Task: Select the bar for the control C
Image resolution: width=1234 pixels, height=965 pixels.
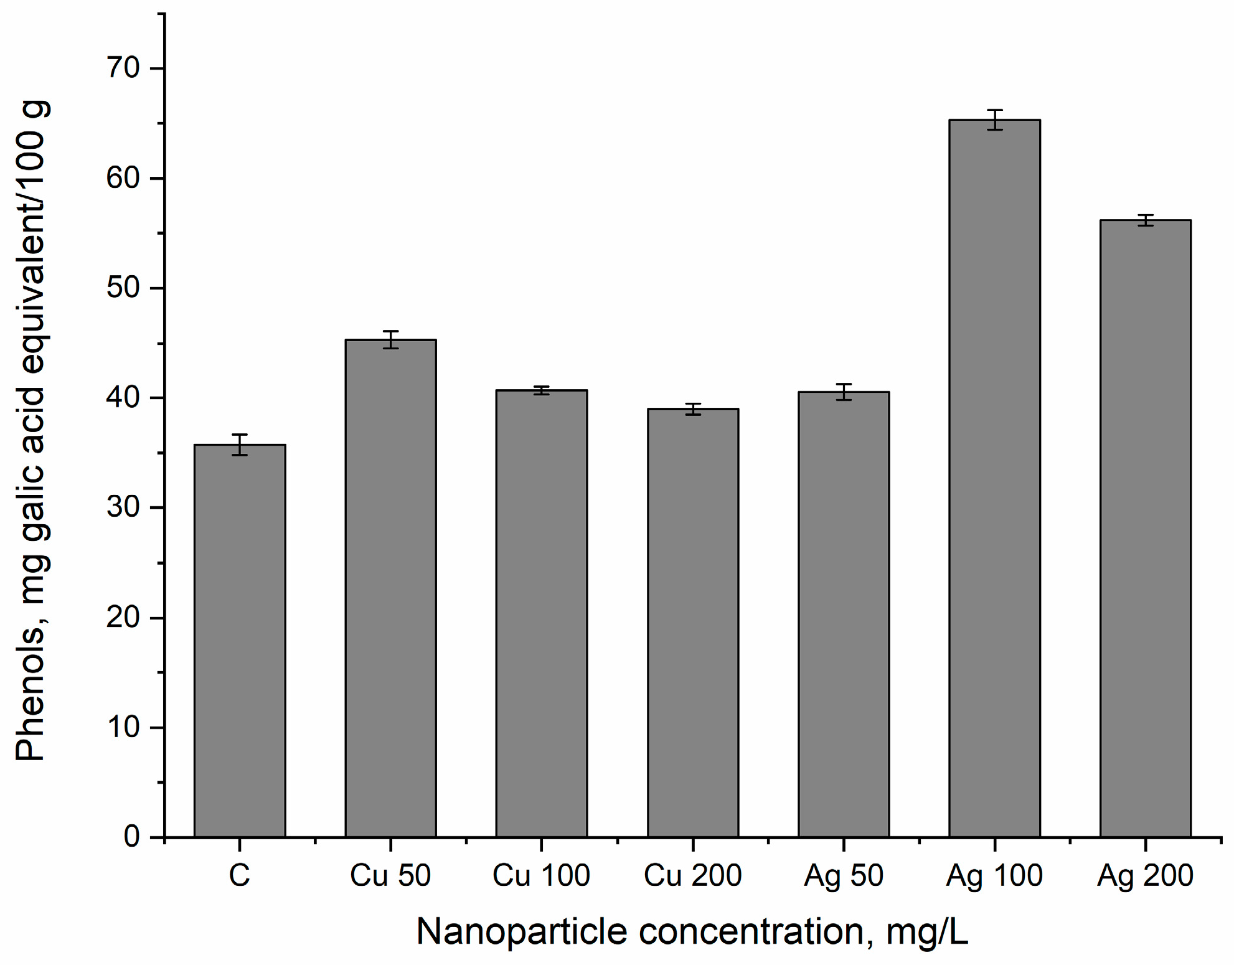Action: click(240, 641)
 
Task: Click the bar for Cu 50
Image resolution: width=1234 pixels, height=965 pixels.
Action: click(390, 588)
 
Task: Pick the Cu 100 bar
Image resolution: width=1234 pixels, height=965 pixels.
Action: click(541, 613)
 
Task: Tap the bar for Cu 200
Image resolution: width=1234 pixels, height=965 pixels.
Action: click(693, 623)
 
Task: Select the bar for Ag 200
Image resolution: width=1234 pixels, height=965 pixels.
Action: click(1145, 529)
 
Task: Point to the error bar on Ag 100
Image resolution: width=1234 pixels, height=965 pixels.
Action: click(994, 120)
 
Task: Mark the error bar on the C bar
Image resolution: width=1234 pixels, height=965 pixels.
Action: click(240, 445)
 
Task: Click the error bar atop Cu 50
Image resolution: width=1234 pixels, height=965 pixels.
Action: click(390, 339)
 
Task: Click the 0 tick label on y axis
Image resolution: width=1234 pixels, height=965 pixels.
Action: click(131, 837)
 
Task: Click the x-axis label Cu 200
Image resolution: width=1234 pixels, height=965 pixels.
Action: click(692, 875)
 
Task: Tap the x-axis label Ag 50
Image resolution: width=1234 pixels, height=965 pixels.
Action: click(844, 875)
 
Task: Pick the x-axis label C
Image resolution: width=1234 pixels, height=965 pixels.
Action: click(240, 875)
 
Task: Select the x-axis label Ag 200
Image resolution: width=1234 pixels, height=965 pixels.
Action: click(1145, 875)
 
